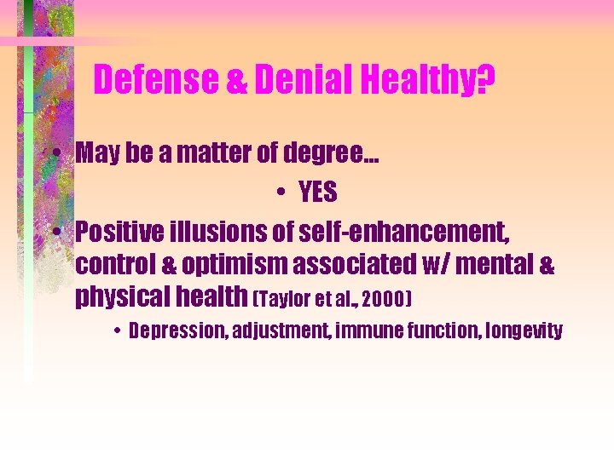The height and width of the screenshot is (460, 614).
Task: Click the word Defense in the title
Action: point(156,81)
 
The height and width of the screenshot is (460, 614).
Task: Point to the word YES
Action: point(317,193)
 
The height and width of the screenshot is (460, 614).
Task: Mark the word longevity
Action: point(526,331)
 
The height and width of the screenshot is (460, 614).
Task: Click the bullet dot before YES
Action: point(281,194)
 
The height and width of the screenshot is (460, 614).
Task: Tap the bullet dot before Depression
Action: point(116,331)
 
